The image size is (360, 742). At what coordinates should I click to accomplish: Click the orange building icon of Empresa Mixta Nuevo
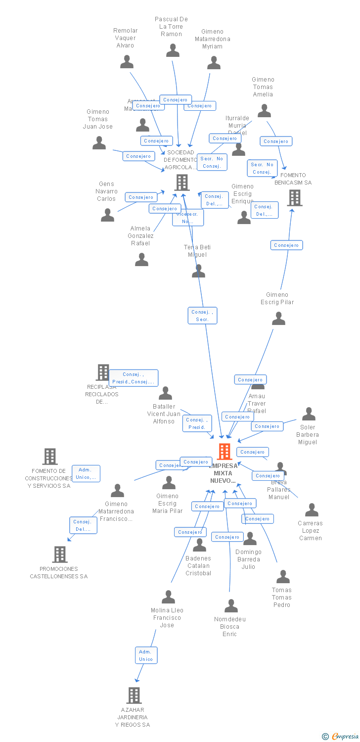coord(225,452)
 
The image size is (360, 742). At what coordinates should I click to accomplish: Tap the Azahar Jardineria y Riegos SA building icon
coord(134,696)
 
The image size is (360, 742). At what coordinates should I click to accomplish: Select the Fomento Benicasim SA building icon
coord(295,198)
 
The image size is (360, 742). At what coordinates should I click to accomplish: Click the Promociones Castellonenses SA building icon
coord(60,555)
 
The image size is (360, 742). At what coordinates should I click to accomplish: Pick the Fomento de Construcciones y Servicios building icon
coord(50,457)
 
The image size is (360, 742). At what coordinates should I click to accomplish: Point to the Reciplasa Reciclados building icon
coord(102,372)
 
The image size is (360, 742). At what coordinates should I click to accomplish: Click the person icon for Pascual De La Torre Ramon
coord(173,50)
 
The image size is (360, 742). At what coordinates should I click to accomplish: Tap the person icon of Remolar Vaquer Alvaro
coord(127,62)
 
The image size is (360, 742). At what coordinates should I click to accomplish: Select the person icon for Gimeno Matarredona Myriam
coord(214,63)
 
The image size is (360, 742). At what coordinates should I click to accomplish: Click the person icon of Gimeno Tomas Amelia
coord(264,111)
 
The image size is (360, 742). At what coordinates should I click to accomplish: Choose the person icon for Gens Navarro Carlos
coord(107,215)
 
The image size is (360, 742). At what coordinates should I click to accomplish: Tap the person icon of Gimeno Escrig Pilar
coord(278,319)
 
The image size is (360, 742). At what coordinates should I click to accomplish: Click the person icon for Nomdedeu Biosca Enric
coord(231,606)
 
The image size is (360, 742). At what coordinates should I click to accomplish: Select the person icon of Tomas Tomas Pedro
coord(283,577)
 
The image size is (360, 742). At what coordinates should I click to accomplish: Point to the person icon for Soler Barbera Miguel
coord(309,414)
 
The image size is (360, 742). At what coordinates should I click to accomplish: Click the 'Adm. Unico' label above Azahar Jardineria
coord(146,655)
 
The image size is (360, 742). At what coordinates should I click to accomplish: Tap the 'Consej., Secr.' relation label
coord(202,316)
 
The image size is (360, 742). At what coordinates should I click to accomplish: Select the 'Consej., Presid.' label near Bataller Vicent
coord(197,423)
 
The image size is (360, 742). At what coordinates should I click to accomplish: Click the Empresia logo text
coord(345,737)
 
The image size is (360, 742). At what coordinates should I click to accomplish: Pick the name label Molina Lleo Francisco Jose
coord(167,618)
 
